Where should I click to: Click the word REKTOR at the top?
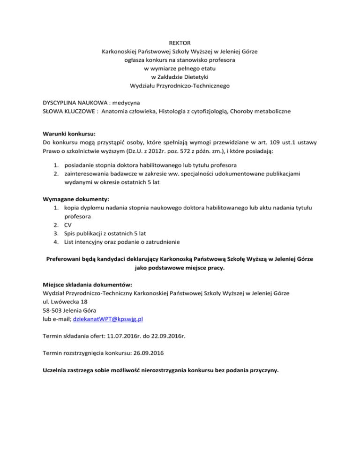coord(180,43)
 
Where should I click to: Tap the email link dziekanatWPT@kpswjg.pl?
coord(108,319)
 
